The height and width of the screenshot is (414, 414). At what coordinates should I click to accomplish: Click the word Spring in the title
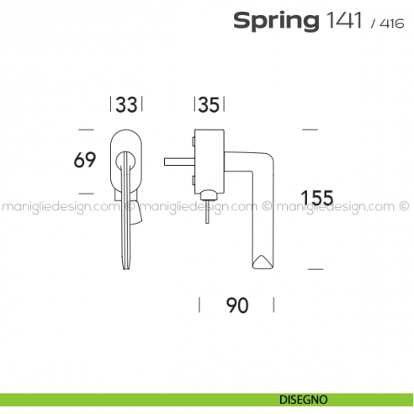[273, 21]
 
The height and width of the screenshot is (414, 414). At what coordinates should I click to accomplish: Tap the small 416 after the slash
[391, 24]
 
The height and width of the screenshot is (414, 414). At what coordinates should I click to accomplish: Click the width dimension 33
[126, 104]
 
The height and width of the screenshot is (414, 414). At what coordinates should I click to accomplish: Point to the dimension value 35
[210, 104]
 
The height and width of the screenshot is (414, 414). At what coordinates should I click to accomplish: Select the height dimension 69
[85, 160]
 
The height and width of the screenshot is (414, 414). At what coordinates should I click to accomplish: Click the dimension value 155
[317, 199]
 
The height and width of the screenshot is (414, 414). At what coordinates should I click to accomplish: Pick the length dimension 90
[237, 305]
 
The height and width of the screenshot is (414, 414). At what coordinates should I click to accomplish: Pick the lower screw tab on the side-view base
[194, 180]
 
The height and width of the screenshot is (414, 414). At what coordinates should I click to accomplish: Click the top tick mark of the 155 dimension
[309, 130]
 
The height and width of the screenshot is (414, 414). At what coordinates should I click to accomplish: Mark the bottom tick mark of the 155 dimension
[315, 268]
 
